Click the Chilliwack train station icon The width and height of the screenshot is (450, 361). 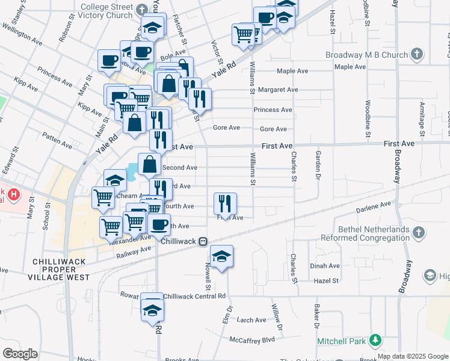click(204, 241)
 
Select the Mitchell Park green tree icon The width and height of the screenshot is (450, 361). click(375, 341)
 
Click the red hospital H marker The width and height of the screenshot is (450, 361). click(13, 196)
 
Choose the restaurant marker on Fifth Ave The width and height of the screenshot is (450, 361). click(225, 203)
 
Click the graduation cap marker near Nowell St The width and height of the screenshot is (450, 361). click(221, 256)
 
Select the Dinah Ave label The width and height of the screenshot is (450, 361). click(325, 265)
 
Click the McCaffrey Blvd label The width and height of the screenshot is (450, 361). click(252, 339)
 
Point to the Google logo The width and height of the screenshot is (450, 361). click(20, 354)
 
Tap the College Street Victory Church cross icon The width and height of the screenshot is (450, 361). click(142, 10)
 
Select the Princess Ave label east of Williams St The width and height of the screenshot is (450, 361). click(273, 110)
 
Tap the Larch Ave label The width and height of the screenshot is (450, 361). click(251, 320)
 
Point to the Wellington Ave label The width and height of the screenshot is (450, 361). click(22, 34)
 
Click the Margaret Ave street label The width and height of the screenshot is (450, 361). click(278, 90)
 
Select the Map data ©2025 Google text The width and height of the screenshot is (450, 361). click(413, 356)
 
